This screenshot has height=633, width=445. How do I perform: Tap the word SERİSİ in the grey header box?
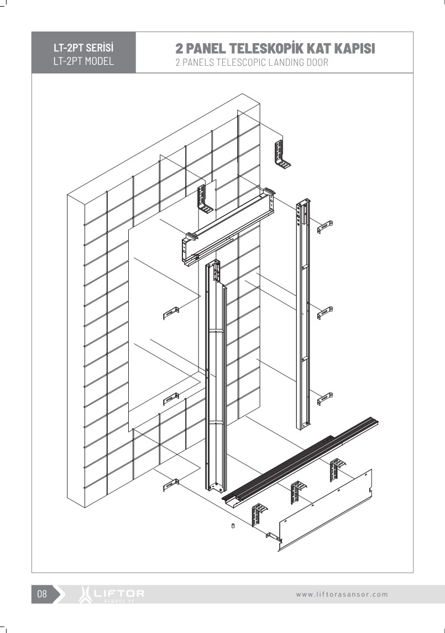(100, 48)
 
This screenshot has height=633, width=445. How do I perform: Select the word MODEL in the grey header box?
(100, 61)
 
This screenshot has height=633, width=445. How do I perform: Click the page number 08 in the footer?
(42, 594)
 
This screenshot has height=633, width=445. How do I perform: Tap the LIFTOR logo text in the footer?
(119, 593)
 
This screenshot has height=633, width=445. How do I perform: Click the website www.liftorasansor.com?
(342, 594)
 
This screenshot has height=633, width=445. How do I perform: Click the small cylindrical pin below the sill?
(233, 526)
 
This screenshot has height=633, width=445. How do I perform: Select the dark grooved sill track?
(300, 461)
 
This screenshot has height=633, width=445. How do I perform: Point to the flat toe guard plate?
(326, 510)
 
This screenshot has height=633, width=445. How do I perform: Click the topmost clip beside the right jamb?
(324, 227)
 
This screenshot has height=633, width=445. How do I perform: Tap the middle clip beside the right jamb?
(324, 313)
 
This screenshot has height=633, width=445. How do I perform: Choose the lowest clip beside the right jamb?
(324, 399)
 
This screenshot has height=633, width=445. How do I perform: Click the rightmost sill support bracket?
(338, 469)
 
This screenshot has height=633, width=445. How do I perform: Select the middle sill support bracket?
(299, 492)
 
